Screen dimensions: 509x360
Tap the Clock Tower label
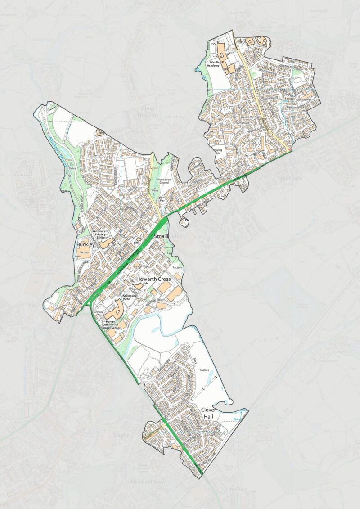304,99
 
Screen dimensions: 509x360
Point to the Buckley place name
86,244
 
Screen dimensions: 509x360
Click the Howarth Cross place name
155,279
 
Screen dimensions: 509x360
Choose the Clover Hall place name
209,414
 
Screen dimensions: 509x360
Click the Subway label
98,311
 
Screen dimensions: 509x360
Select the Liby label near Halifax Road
136,243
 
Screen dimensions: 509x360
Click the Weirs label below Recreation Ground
156,190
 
